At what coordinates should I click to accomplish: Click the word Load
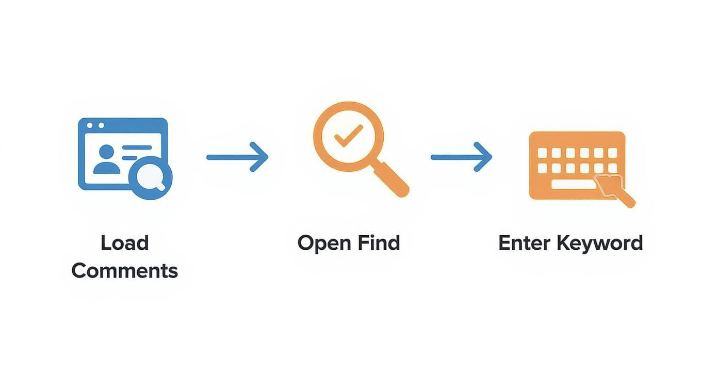coord(124,242)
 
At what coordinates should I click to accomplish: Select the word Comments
coord(124,270)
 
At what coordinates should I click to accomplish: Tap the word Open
coord(321,243)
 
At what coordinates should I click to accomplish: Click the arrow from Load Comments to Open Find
coord(237,157)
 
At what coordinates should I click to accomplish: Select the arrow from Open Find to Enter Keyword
coord(461,157)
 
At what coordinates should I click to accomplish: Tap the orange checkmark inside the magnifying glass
coord(348,137)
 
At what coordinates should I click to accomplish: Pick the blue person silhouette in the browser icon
coord(106,159)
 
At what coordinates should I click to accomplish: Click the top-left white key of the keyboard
coord(542,153)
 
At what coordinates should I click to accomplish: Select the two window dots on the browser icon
coord(95,125)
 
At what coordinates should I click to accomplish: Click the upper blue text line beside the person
coord(137,148)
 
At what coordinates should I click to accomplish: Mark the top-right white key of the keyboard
coord(612,153)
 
